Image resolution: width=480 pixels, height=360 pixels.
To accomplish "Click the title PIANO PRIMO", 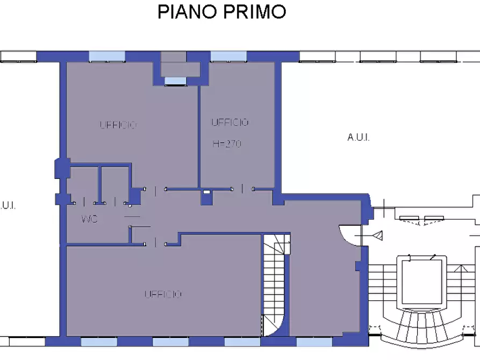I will [221, 12].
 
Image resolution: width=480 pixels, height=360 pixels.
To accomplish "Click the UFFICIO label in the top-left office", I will [118, 125].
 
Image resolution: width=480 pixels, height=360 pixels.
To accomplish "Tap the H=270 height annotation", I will [226, 144].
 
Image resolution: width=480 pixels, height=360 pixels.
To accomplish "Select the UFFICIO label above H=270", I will [230, 123].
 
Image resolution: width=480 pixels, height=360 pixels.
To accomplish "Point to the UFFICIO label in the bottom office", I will [163, 294].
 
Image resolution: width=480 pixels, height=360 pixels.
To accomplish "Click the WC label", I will [89, 219].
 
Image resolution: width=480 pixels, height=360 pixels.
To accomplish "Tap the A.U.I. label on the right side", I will [358, 138].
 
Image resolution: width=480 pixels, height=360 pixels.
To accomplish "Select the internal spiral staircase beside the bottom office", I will [276, 285].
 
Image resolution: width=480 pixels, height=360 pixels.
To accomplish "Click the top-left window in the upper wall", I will [106, 56].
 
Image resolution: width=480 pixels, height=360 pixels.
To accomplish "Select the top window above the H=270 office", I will [228, 56].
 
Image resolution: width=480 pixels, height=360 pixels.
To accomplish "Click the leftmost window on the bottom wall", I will [98, 342].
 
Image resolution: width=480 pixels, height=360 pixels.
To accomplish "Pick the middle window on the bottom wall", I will [170, 342].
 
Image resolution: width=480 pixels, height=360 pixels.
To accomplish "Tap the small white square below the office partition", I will [206, 192].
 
